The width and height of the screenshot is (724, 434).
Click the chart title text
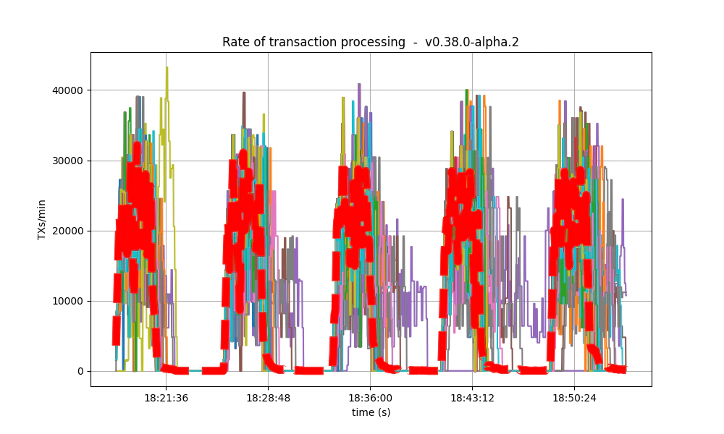[370, 42]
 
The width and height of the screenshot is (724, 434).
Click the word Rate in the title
[234, 42]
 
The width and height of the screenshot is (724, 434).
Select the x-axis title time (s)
[371, 412]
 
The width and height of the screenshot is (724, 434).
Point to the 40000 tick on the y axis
[68, 90]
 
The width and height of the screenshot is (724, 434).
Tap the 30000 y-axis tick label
[68, 161]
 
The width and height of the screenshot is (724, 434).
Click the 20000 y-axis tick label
[68, 231]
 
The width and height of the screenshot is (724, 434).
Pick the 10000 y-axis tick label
[68, 301]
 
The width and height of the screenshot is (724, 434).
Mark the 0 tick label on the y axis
[80, 371]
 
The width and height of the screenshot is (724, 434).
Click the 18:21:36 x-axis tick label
[167, 398]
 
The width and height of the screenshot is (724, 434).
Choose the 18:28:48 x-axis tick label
[269, 398]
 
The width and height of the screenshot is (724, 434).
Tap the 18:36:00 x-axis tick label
[371, 398]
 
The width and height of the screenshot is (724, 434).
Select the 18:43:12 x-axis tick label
[473, 398]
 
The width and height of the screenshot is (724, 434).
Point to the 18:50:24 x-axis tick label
[575, 398]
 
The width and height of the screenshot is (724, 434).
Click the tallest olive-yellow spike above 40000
[167, 68]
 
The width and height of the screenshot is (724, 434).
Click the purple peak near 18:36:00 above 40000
[359, 85]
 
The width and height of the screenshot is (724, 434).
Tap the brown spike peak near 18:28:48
[244, 93]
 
